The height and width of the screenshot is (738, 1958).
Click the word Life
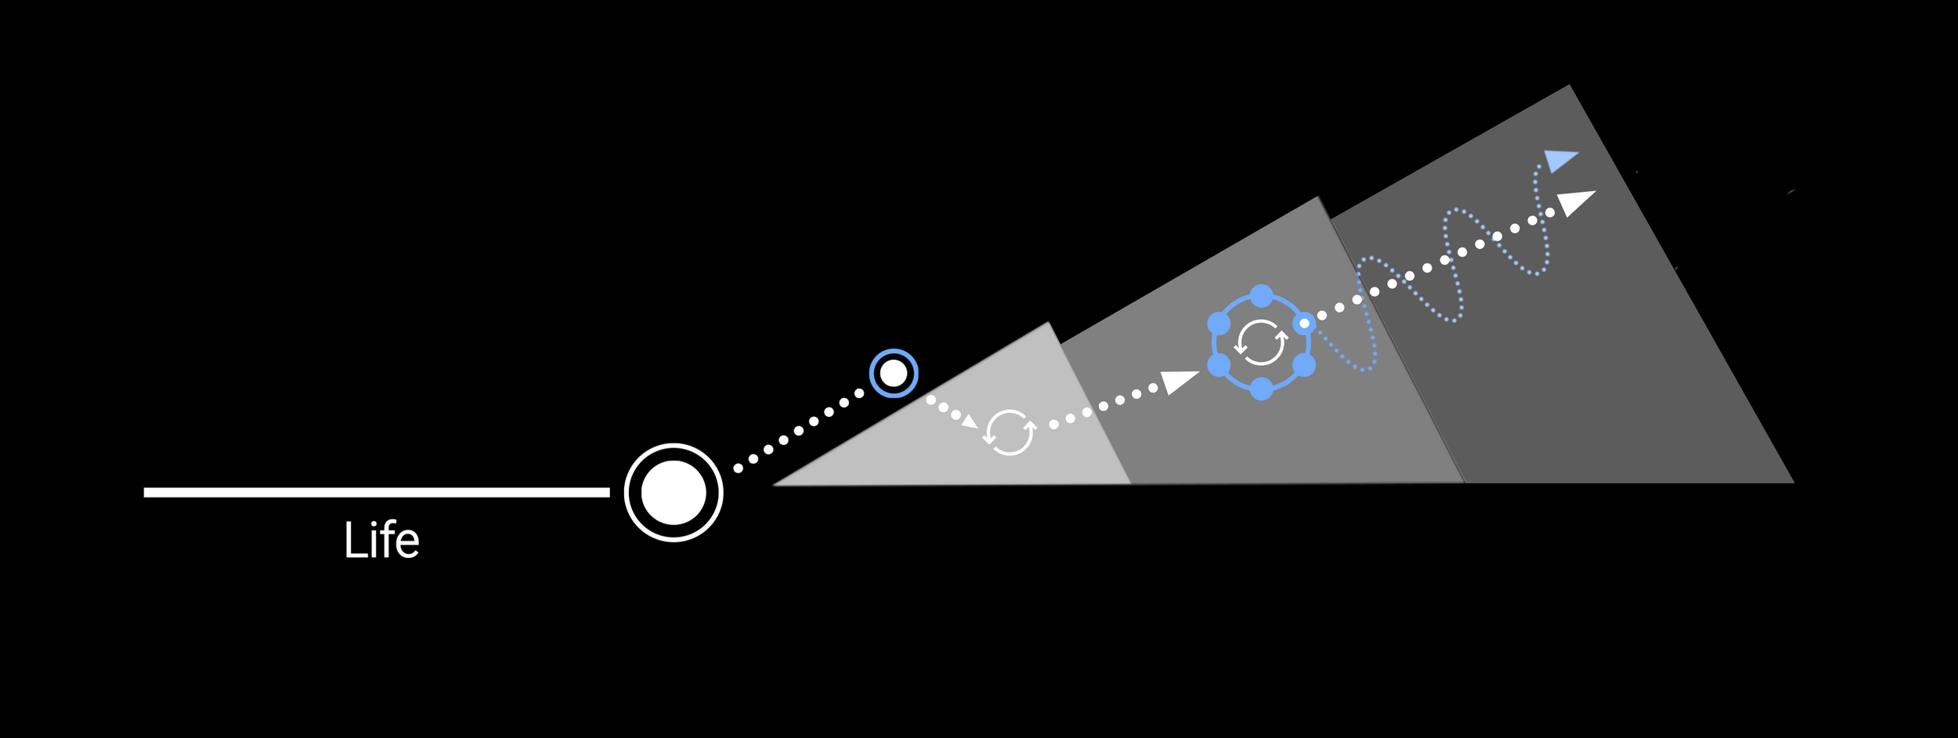point(381,541)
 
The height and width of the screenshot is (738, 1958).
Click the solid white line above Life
point(376,492)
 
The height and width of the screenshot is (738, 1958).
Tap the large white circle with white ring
point(674,492)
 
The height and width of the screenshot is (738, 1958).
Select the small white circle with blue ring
point(894,374)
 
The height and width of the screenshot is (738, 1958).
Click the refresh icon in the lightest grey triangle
point(1010,432)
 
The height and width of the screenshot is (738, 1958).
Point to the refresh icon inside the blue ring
point(1260,342)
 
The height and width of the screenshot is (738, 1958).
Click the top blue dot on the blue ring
point(1262,296)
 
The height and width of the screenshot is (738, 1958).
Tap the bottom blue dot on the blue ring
point(1262,389)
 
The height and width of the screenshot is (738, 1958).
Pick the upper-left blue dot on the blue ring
point(1219,323)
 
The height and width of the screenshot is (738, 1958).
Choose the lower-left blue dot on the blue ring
point(1219,365)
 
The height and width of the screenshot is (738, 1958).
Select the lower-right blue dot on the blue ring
point(1304,365)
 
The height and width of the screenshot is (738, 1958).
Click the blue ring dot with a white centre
point(1304,323)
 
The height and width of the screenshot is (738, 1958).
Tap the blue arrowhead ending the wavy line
point(1559,160)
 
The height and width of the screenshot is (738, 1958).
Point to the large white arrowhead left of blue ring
point(1177,381)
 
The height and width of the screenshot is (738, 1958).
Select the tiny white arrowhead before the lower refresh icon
point(970,421)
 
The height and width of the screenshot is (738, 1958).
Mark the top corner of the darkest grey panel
point(1569,85)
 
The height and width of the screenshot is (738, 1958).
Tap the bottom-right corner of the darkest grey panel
point(1793,482)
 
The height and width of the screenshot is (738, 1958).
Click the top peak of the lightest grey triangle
point(1048,323)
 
